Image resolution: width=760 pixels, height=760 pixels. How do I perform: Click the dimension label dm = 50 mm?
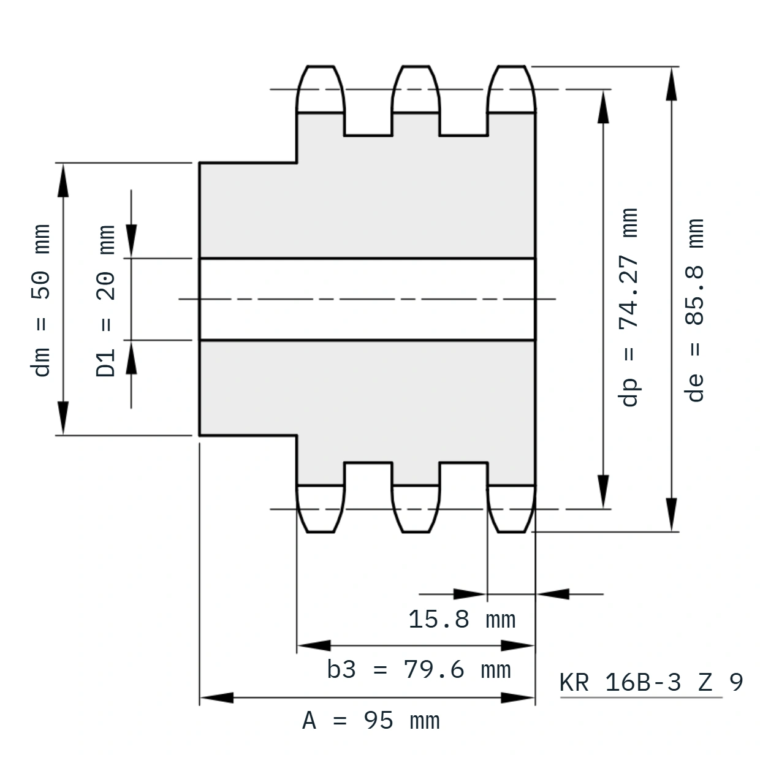40,300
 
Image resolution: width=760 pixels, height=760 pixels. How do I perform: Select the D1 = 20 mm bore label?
105,300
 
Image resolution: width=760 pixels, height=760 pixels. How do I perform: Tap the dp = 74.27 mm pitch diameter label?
628,307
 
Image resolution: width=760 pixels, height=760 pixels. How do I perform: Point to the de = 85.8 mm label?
694,310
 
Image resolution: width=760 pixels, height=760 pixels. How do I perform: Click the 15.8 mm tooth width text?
462,620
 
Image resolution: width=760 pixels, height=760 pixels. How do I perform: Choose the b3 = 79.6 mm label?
419,670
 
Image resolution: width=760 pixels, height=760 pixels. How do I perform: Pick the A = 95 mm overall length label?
371,720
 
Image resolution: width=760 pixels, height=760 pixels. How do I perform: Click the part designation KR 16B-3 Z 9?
651,682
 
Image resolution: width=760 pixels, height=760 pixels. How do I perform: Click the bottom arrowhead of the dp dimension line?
603,491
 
